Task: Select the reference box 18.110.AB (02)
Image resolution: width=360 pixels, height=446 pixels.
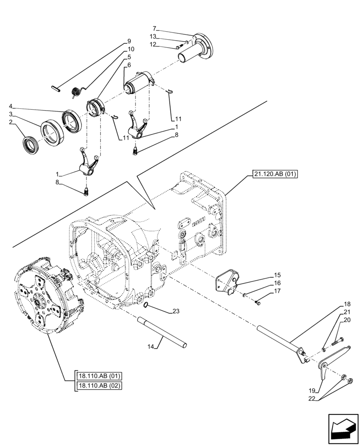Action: tap(98, 386)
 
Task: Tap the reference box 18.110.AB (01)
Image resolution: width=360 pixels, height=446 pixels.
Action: tap(98, 376)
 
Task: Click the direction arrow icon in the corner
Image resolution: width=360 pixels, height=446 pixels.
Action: tap(343, 430)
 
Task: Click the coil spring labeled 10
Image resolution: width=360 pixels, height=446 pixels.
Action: tap(76, 92)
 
